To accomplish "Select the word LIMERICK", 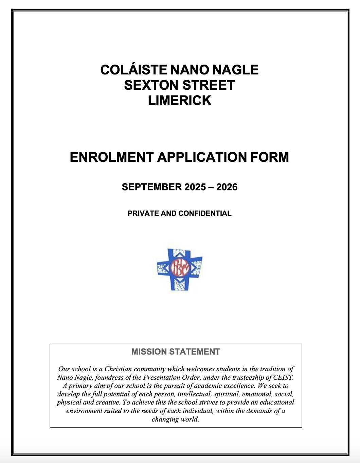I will point(180,101).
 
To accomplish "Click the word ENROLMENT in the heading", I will point(111,157).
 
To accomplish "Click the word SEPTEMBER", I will point(152,187).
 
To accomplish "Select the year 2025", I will point(195,187).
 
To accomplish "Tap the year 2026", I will point(227,187).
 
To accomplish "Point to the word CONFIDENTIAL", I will point(205,213).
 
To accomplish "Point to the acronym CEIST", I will point(284,377).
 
